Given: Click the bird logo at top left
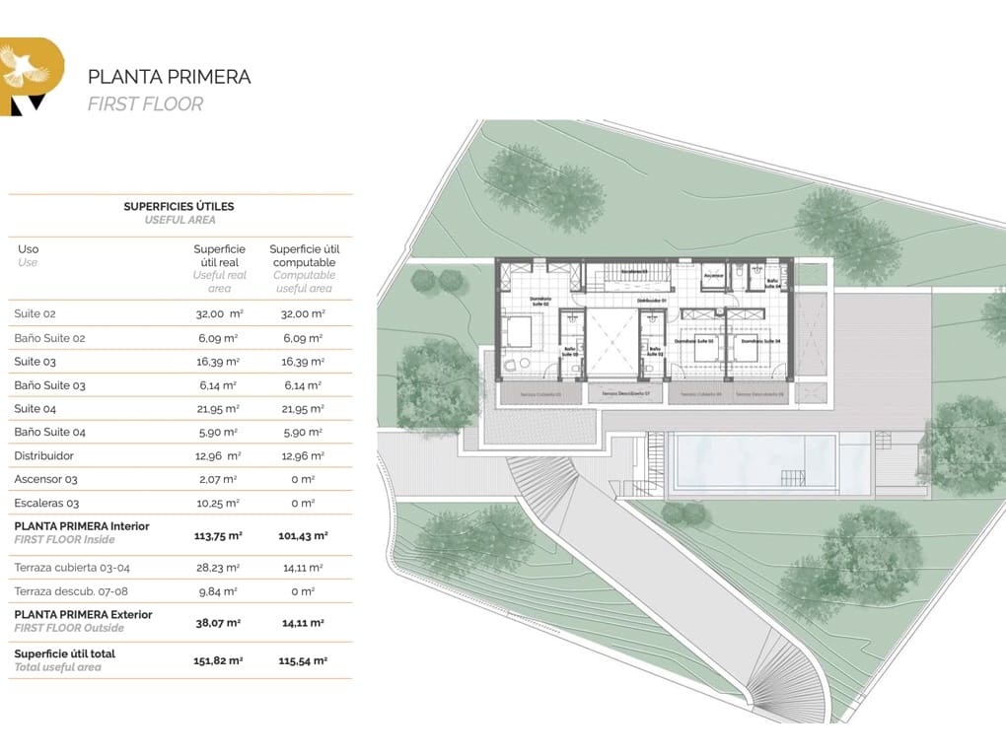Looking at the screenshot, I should coord(26,69).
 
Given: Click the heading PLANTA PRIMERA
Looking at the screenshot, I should coord(169,77).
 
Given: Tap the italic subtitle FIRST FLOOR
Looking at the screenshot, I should coord(145,103).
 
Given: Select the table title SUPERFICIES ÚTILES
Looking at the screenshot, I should coord(179,207).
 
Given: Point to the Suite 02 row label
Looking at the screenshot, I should coord(35,313).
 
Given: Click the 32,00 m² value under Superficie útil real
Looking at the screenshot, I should coord(219,313).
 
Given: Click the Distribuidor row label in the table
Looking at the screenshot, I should coord(43,456).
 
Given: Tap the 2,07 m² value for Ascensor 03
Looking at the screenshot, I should coord(219,480).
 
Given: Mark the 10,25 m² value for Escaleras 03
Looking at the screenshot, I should coord(219,504).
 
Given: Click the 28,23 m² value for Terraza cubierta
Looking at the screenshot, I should coord(219,568).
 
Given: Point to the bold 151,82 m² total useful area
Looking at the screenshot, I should coord(219,660).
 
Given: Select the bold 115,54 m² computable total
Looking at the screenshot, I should coord(304,660).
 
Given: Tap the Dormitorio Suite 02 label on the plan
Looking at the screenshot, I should coord(540,302).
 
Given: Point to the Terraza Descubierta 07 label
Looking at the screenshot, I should coord(627,393).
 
